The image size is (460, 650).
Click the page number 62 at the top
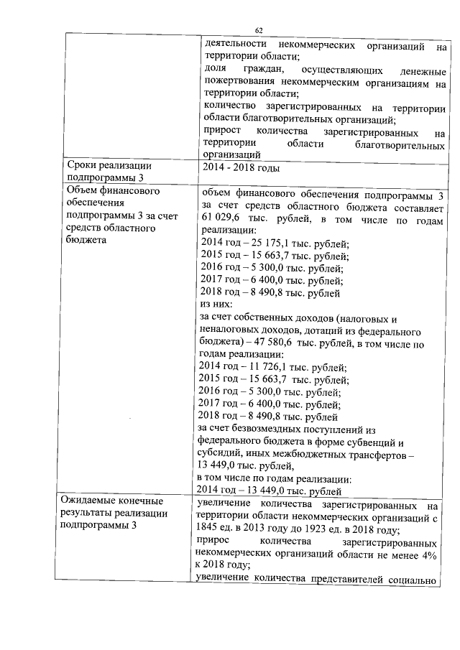(259, 29)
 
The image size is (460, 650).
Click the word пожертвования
(239, 82)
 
